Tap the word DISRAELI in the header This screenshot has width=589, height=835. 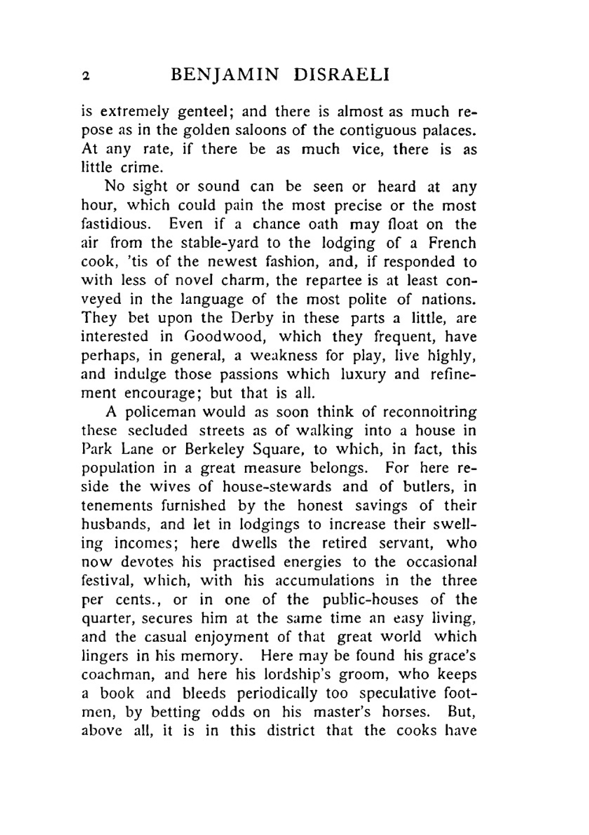[342, 75]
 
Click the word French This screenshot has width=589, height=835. [452, 243]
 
